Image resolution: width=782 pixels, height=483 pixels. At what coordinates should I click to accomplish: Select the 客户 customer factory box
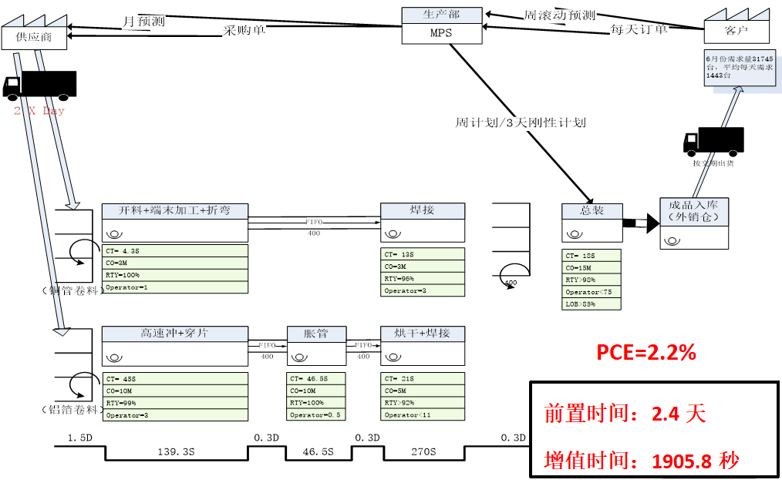736,30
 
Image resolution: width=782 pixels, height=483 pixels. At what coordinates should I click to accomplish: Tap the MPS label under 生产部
442,33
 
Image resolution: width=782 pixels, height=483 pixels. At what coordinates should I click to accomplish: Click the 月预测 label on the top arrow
143,21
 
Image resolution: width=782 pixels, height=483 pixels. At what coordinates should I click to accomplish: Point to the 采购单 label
244,31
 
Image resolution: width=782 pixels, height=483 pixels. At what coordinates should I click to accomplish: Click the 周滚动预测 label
559,15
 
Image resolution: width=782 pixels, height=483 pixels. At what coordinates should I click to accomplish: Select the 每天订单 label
639,29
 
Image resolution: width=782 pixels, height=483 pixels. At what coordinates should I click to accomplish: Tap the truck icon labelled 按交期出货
713,141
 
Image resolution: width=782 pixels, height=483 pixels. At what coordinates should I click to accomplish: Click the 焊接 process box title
423,210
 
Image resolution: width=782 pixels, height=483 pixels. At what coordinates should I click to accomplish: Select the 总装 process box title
592,210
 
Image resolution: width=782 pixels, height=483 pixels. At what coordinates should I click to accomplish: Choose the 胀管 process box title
315,334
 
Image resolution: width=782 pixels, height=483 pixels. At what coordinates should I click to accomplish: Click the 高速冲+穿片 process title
174,334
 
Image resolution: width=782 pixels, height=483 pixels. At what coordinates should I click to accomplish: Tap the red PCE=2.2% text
646,353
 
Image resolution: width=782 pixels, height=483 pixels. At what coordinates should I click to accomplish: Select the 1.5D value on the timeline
80,438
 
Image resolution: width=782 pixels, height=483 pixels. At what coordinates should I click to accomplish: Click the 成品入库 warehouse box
694,211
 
